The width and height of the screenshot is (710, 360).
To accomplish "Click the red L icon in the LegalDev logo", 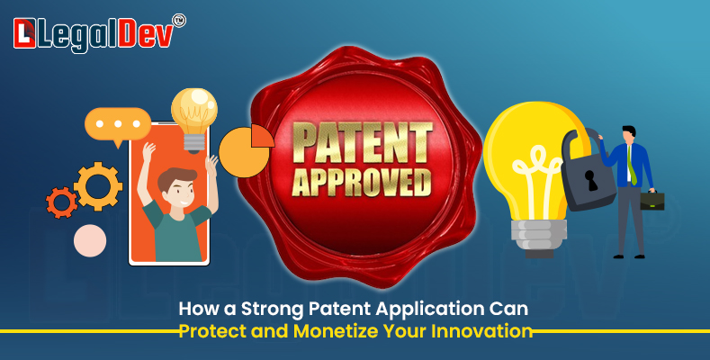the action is pos(24,33).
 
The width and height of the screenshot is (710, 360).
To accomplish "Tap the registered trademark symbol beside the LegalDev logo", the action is pos(179,21).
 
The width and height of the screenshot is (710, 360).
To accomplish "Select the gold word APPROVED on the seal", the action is pos(362,182).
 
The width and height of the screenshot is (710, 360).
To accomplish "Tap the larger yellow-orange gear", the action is pos(98,186).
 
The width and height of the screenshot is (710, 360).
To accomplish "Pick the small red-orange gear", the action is pos(61,202).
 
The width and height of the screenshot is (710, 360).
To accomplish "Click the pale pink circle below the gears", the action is pos(90,240).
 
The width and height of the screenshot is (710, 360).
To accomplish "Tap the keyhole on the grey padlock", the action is pos(591,180).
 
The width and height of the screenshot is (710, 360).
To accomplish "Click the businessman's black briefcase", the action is pos(652,200).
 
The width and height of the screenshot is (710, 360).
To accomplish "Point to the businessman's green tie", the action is pos(631,165).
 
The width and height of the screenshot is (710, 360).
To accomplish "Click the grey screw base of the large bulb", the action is pos(539,236).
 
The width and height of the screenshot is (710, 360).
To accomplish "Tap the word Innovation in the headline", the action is pos(481,331).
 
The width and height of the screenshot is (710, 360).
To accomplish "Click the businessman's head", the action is pos(629,133).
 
